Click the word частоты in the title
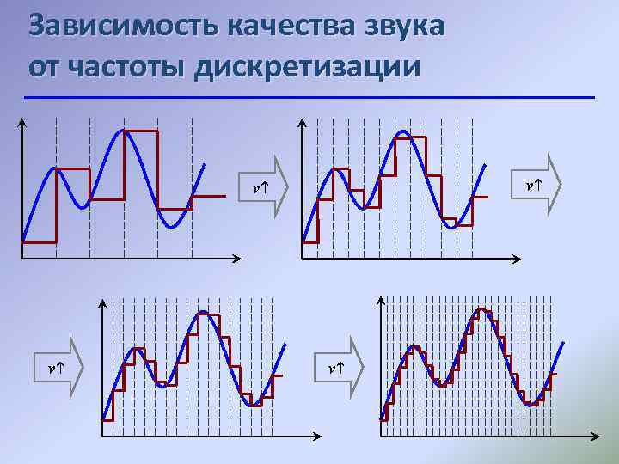pos(134,66)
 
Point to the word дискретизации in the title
pos(308,66)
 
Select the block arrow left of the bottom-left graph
pos(64,367)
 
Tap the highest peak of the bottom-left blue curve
pos(203,313)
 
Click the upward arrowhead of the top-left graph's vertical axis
pos(21,122)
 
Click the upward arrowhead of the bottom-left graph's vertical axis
pos(102,303)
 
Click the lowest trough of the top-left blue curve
pos(173,227)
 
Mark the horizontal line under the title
pos(309,97)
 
